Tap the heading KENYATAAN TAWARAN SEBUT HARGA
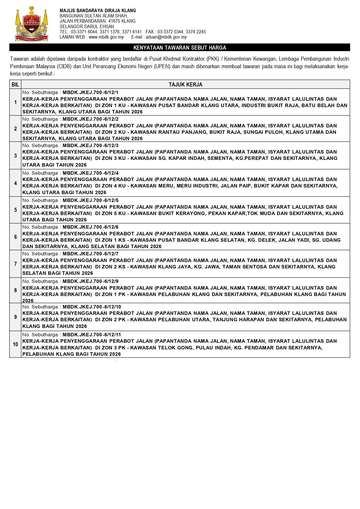(x=180, y=48)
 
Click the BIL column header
(x=15, y=85)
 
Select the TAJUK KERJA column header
(x=185, y=85)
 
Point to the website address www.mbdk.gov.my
(x=106, y=37)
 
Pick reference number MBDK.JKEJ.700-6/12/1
(x=91, y=92)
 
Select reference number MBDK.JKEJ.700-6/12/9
(x=91, y=281)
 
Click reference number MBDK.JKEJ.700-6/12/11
(x=92, y=334)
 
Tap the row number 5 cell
(x=15, y=210)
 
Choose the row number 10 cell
(x=15, y=344)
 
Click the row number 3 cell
(x=15, y=156)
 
